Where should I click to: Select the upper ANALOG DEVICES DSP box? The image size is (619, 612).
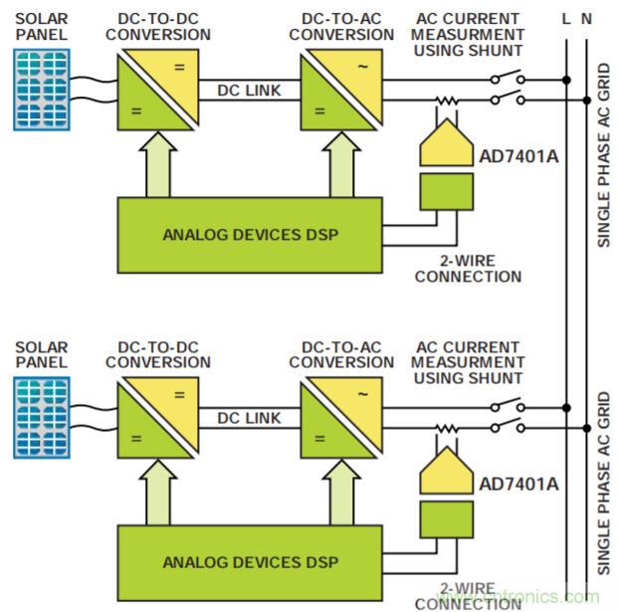[248, 235]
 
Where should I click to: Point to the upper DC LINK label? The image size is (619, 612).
[249, 91]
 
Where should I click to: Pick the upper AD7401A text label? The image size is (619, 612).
[518, 157]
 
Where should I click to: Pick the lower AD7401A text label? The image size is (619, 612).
[518, 483]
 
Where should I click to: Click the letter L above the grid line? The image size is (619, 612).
[566, 18]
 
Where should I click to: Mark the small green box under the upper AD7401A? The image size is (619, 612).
[445, 190]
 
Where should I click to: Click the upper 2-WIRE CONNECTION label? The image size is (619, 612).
[468, 269]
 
